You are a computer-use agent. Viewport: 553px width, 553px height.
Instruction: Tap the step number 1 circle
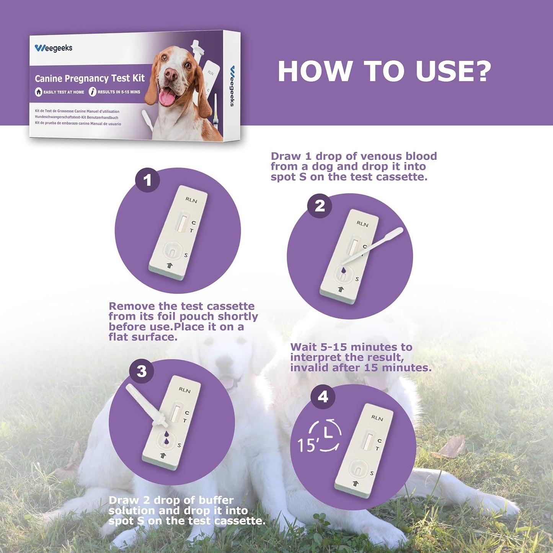click(147, 180)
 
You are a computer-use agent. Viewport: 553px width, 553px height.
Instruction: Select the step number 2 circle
click(320, 206)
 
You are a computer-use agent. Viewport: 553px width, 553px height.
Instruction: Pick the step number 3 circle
click(142, 371)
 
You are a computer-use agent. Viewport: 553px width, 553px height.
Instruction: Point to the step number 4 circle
click(323, 397)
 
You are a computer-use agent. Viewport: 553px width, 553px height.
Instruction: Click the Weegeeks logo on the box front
click(53, 48)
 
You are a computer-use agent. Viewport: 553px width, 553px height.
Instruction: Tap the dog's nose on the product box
click(171, 74)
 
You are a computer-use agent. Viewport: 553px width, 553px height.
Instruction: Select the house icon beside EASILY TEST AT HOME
click(38, 92)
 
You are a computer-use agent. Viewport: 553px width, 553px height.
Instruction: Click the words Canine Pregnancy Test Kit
click(90, 78)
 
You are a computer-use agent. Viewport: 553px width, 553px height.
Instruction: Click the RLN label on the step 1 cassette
click(191, 200)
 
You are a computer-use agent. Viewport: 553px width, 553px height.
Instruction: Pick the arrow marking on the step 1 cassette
click(170, 265)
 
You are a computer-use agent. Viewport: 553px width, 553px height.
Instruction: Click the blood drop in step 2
click(344, 270)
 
